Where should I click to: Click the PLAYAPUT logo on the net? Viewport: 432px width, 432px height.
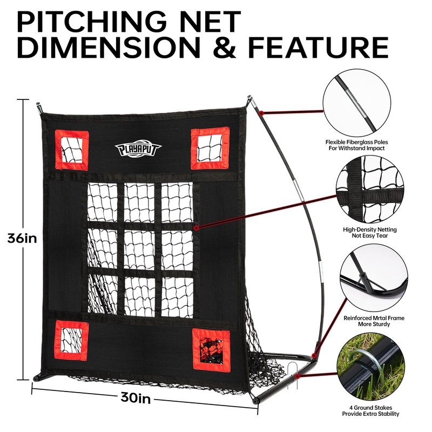coord(137,149)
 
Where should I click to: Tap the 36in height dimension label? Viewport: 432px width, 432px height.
coord(22,238)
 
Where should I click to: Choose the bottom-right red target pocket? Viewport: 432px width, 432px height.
coord(211,348)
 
